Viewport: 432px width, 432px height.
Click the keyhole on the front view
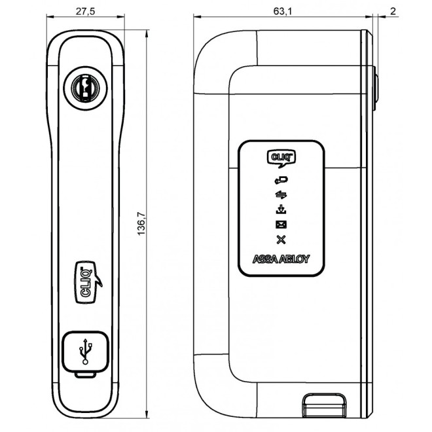pyautogui.click(x=83, y=86)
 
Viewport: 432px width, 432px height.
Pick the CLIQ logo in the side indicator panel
pyautogui.click(x=281, y=158)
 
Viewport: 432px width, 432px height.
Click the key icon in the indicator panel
pyautogui.click(x=281, y=179)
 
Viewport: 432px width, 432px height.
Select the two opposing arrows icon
pyautogui.click(x=281, y=194)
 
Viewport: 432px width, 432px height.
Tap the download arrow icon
pyautogui.click(x=281, y=209)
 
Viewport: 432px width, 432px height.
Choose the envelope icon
pyautogui.click(x=281, y=225)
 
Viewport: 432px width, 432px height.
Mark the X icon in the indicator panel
pyautogui.click(x=281, y=240)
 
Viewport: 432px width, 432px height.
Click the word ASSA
pyautogui.click(x=266, y=259)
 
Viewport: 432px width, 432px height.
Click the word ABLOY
pyautogui.click(x=295, y=259)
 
